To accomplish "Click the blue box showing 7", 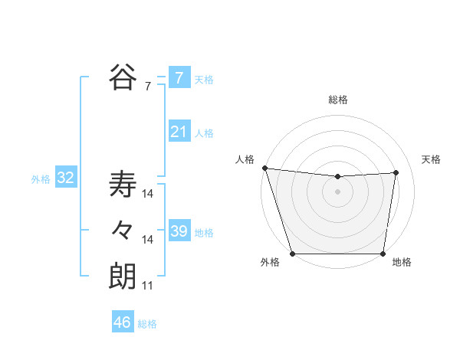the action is click(x=179, y=78).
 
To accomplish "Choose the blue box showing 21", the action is click(x=179, y=132).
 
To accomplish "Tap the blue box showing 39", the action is click(x=179, y=231).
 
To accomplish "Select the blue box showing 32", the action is click(x=66, y=178).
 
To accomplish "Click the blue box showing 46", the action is click(x=122, y=322).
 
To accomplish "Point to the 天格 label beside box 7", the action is click(x=204, y=80).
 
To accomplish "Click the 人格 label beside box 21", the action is click(x=204, y=133).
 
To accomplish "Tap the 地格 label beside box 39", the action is click(x=204, y=233).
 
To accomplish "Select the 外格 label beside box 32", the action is click(x=41, y=180).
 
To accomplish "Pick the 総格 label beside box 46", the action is click(x=147, y=324).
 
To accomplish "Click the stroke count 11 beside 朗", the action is click(x=148, y=286).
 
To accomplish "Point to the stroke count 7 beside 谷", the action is click(x=148, y=87).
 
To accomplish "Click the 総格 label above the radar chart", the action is click(x=337, y=100).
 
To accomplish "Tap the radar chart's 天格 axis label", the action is click(x=431, y=159).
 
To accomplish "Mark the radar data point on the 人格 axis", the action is click(x=264, y=168).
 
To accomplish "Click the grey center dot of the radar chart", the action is click(x=337, y=191).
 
